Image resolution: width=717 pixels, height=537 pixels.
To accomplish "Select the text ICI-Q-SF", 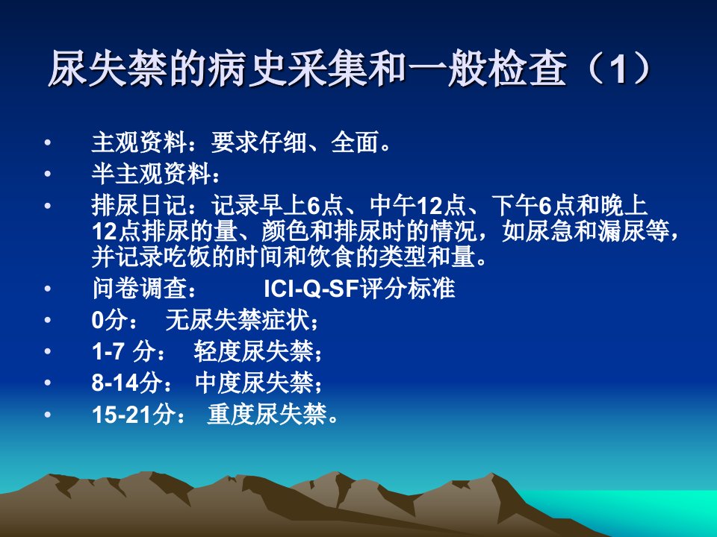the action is [x=311, y=289].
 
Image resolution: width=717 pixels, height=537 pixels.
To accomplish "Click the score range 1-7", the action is [x=108, y=351].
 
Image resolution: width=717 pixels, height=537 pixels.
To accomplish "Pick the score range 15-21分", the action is [x=134, y=415].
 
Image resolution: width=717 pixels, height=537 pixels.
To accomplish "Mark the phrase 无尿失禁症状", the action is [x=238, y=320].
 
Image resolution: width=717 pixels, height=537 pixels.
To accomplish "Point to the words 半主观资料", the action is [x=151, y=174].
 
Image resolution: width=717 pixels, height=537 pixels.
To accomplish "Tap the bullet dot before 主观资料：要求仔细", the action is [x=48, y=142].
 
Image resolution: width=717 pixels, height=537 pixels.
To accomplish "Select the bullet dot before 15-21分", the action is [x=48, y=415].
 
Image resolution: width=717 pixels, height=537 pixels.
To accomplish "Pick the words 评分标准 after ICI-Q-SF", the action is [x=408, y=289].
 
